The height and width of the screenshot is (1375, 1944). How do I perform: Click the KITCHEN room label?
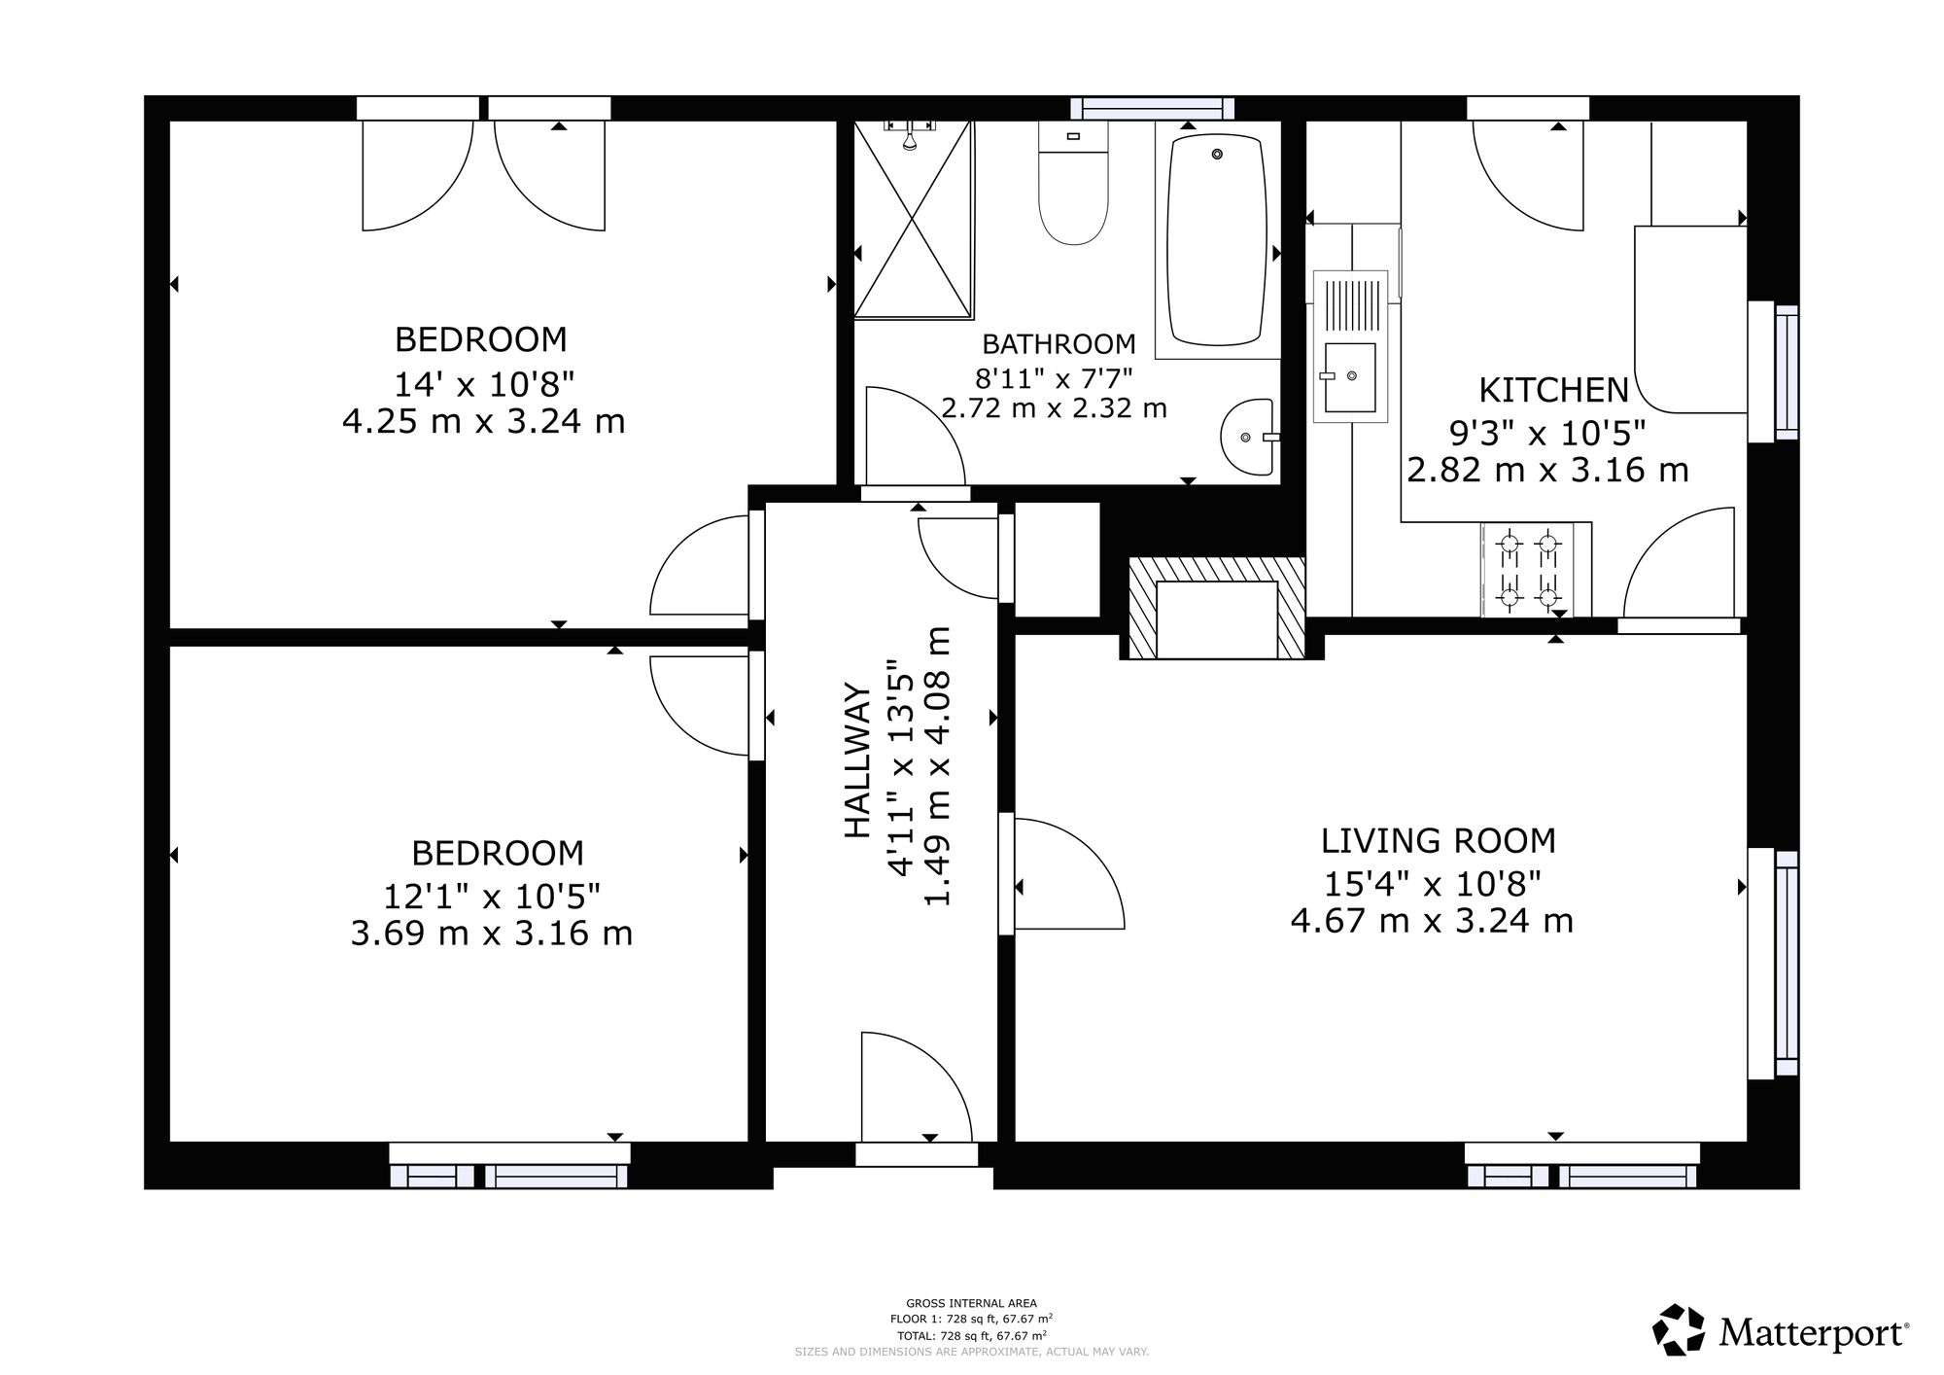(x=1553, y=390)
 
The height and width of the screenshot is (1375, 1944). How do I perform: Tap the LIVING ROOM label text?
(x=1439, y=840)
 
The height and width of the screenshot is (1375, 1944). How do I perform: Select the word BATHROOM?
(x=1059, y=344)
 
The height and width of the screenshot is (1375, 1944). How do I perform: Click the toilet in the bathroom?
(x=1073, y=183)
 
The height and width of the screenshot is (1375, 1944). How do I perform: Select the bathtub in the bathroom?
(x=1217, y=239)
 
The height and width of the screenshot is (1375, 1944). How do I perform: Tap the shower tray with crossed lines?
(x=913, y=220)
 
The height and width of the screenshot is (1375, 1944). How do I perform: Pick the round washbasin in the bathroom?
(x=1248, y=438)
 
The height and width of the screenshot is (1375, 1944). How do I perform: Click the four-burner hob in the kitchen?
(x=1527, y=570)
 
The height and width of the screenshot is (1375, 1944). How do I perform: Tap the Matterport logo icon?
(x=1681, y=1329)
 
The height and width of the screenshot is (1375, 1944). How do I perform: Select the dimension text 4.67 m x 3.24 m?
(x=1432, y=921)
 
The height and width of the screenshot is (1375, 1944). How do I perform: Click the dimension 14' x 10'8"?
(x=484, y=385)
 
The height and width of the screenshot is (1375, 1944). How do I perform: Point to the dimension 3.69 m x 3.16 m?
(x=492, y=934)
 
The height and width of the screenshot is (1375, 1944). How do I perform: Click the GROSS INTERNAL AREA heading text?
(x=971, y=1303)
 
